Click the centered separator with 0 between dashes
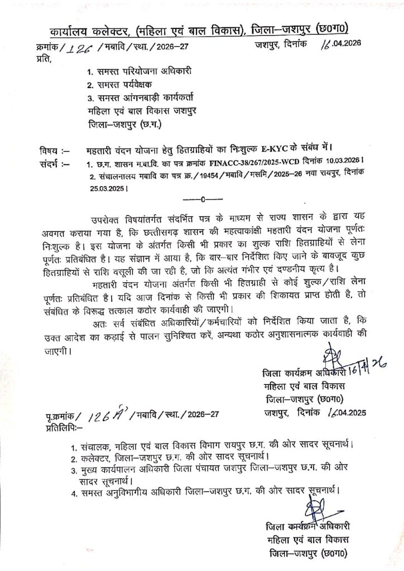(203, 198)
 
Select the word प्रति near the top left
(41, 58)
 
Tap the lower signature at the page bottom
(312, 510)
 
